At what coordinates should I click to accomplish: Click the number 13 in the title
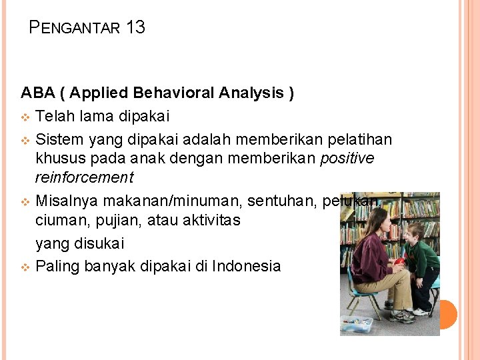[135, 27]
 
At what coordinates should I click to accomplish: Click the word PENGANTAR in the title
[75, 28]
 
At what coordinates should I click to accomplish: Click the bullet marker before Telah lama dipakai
[25, 117]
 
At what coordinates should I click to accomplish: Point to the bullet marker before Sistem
[25, 140]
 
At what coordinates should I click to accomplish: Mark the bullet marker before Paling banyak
[25, 267]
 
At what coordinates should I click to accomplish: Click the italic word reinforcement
[84, 178]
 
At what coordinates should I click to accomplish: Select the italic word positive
[347, 159]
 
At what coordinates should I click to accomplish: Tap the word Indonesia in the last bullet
[247, 267]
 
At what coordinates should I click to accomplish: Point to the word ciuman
[61, 221]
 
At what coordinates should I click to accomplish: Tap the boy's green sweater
[424, 257]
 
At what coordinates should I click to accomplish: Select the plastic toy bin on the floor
[357, 324]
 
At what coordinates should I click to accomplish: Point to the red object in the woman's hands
[399, 262]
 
